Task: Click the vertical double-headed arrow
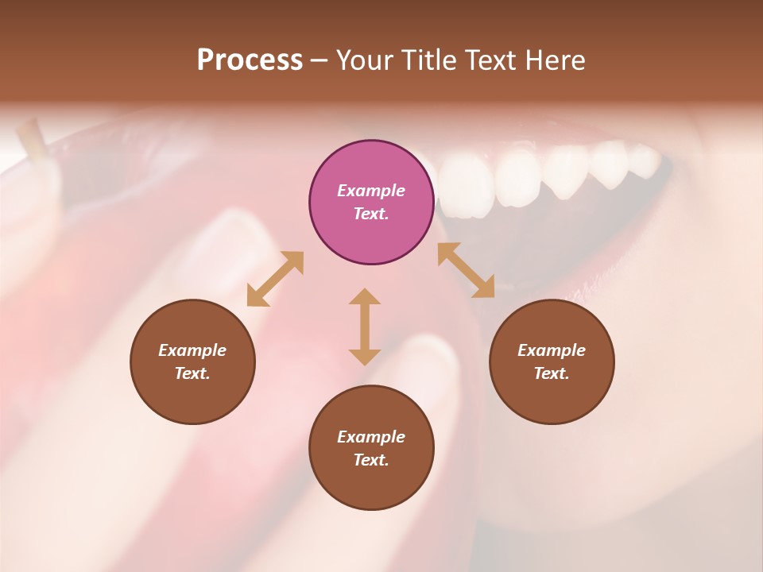[365, 327]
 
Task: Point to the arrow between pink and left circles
[275, 279]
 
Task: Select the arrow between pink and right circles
[466, 270]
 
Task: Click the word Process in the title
[250, 60]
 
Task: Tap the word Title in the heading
[430, 60]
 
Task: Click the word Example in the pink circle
[371, 191]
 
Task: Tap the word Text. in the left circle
[192, 373]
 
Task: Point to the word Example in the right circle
[552, 350]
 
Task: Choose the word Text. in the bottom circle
[371, 460]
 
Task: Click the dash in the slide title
[320, 60]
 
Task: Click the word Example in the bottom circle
[371, 437]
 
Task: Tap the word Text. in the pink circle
[371, 214]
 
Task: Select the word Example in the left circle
[192, 350]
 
